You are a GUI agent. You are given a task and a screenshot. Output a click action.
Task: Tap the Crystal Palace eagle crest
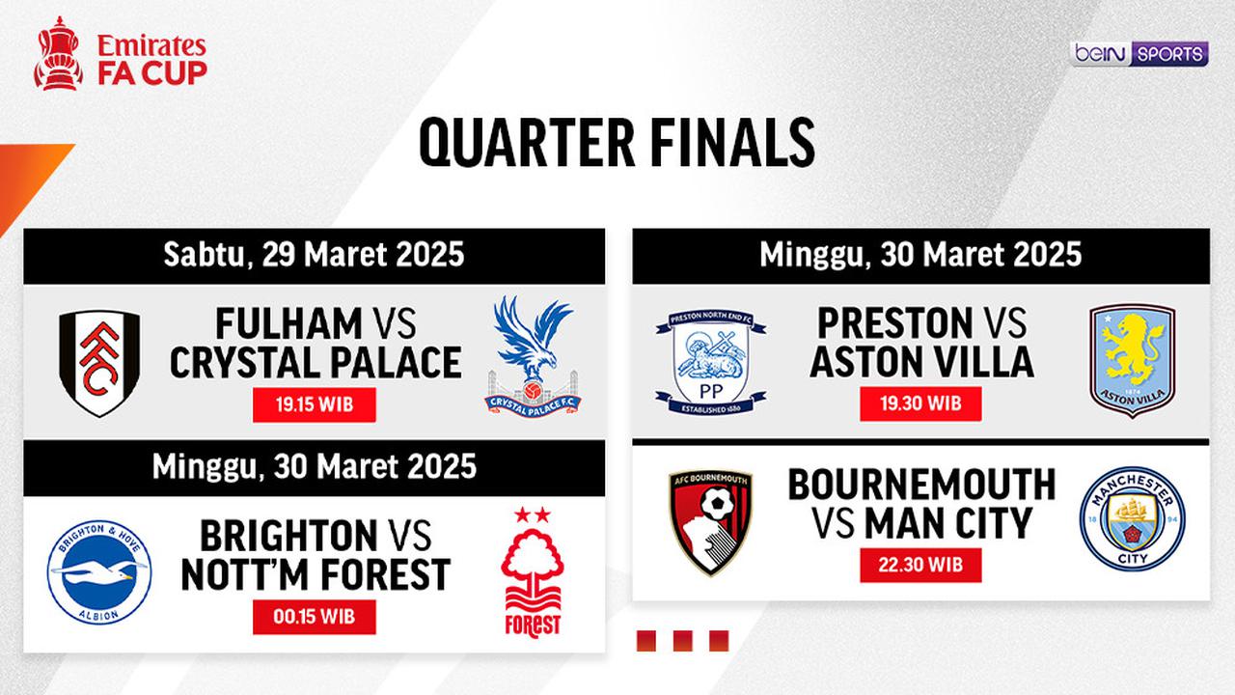click(x=533, y=356)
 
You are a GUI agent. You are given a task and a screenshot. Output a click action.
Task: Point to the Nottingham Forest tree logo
click(x=533, y=571)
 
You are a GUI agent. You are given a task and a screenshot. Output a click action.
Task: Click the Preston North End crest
click(x=711, y=359)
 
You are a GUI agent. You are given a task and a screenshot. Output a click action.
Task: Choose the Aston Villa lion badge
click(x=1132, y=360)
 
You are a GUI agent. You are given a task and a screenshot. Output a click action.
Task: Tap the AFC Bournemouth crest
click(x=711, y=521)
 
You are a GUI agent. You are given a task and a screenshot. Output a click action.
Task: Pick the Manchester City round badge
click(x=1132, y=517)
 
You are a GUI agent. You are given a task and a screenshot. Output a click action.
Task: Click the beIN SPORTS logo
click(x=1139, y=54)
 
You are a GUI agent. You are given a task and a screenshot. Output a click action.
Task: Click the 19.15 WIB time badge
click(x=314, y=404)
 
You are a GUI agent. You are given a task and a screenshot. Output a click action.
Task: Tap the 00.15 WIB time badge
click(x=314, y=617)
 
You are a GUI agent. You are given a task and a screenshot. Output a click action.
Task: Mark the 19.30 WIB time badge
click(x=920, y=403)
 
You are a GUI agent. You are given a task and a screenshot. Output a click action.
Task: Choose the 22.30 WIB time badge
click(x=920, y=565)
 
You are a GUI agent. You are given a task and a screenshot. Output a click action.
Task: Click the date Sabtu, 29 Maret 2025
click(x=314, y=256)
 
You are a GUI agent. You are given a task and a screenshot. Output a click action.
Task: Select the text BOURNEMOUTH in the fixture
click(x=921, y=485)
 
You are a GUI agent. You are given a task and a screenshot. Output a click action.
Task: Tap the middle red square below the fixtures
click(x=683, y=641)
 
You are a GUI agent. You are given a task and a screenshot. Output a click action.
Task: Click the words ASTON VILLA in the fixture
click(x=921, y=362)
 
